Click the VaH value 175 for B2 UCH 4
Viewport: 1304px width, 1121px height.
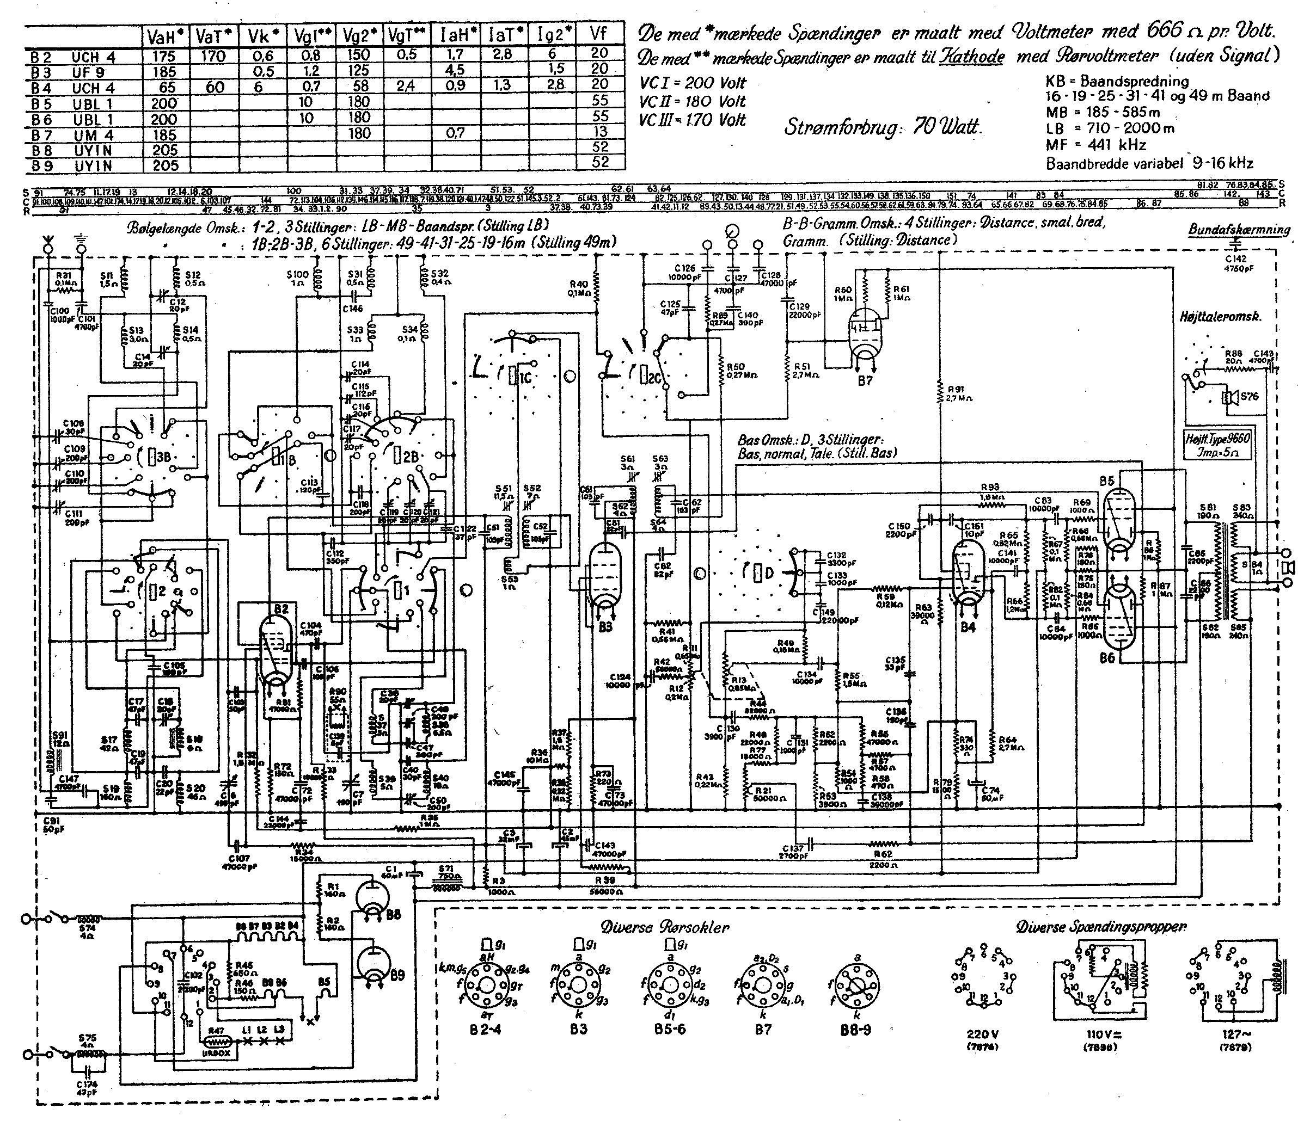point(164,56)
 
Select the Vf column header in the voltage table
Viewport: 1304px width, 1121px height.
point(601,35)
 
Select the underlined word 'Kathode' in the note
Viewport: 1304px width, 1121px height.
point(972,57)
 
